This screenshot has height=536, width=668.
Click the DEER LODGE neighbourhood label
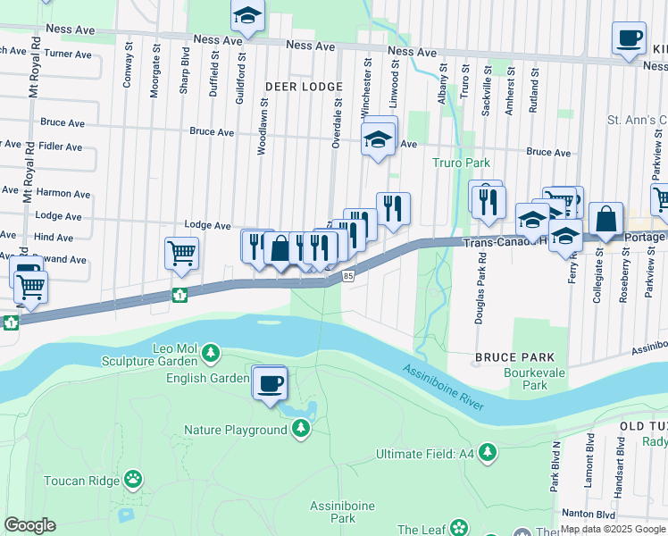(x=304, y=87)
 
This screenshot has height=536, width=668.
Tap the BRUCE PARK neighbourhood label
(x=508, y=356)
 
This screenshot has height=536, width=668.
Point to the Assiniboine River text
(x=442, y=388)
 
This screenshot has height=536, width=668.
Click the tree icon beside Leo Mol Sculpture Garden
(x=211, y=353)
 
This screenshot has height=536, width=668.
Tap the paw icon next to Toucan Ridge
(x=133, y=480)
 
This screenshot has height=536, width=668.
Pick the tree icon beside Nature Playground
(x=302, y=430)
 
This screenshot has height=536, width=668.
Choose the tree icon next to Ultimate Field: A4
(x=488, y=454)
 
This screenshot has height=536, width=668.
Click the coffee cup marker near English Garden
(x=271, y=384)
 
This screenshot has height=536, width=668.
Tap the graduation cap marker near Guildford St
(x=247, y=15)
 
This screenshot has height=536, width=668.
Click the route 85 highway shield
(x=348, y=277)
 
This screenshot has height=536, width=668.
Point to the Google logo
(x=29, y=525)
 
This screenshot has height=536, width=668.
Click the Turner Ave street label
(x=69, y=54)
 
